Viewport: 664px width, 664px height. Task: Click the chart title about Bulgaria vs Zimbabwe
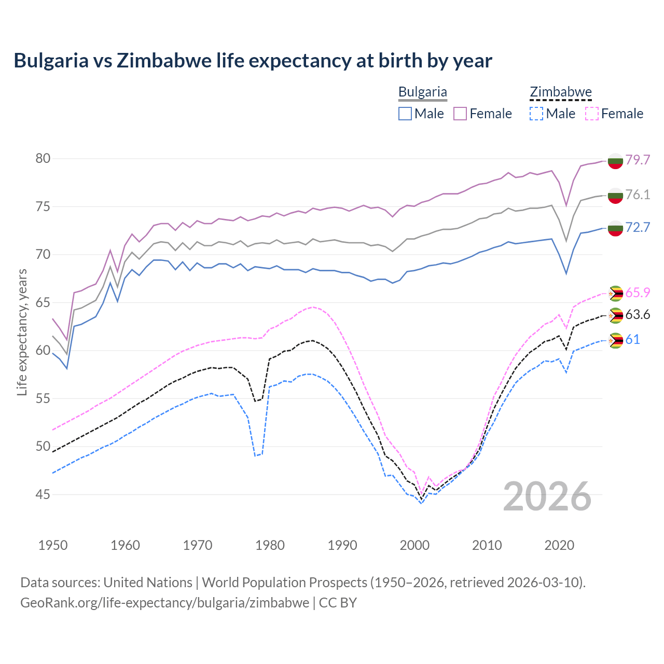click(x=253, y=61)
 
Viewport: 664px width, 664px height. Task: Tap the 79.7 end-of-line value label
click(x=638, y=160)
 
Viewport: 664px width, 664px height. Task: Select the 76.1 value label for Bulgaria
click(x=638, y=195)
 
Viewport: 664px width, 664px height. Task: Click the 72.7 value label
click(x=638, y=227)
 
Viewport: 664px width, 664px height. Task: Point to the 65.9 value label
click(x=638, y=293)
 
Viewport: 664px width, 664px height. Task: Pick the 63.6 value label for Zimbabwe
click(x=638, y=314)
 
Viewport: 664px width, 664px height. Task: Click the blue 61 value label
click(x=632, y=339)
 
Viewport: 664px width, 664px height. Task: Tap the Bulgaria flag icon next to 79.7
click(x=615, y=161)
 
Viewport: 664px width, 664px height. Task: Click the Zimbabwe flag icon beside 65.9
click(x=615, y=294)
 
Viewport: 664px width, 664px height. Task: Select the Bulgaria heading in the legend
click(x=422, y=92)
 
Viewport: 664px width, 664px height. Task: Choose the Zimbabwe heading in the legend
click(x=560, y=92)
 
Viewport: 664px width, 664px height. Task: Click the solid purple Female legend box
click(x=460, y=114)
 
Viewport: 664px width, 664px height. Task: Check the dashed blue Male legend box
click(x=536, y=114)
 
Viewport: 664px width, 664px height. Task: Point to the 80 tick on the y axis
click(x=43, y=159)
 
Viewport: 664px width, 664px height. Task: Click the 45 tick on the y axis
click(x=43, y=495)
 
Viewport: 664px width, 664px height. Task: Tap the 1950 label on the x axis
click(x=53, y=545)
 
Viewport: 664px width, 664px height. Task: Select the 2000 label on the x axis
click(x=414, y=545)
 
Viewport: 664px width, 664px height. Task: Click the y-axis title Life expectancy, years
click(x=22, y=332)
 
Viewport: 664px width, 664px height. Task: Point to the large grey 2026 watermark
click(x=547, y=496)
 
